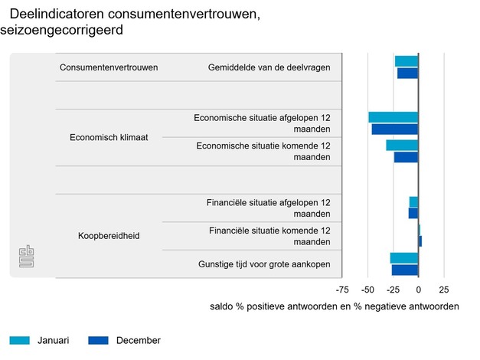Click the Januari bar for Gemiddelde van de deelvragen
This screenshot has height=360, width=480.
click(x=407, y=61)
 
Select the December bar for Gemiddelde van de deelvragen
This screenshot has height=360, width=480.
click(x=407, y=73)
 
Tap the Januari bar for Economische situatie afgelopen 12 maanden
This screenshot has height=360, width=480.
click(x=393, y=117)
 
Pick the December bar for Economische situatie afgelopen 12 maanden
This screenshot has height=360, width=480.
click(x=395, y=129)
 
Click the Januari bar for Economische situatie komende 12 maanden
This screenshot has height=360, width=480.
click(x=402, y=146)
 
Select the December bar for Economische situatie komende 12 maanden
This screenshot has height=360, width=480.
click(x=406, y=157)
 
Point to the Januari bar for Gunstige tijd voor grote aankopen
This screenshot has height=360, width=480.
click(x=404, y=258)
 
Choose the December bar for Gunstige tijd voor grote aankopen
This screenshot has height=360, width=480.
click(x=405, y=270)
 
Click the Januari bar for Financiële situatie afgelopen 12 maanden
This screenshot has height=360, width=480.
click(x=413, y=201)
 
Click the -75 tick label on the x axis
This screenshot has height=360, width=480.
click(x=343, y=290)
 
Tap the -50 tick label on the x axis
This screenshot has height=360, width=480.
click(x=368, y=290)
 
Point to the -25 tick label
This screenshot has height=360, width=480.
click(x=393, y=290)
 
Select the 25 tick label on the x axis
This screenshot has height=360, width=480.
click(x=443, y=290)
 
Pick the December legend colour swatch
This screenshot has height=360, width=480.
click(x=99, y=340)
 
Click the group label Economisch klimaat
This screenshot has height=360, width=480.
click(x=109, y=139)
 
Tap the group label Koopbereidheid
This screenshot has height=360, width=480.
click(x=109, y=236)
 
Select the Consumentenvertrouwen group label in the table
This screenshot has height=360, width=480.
click(x=109, y=67)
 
